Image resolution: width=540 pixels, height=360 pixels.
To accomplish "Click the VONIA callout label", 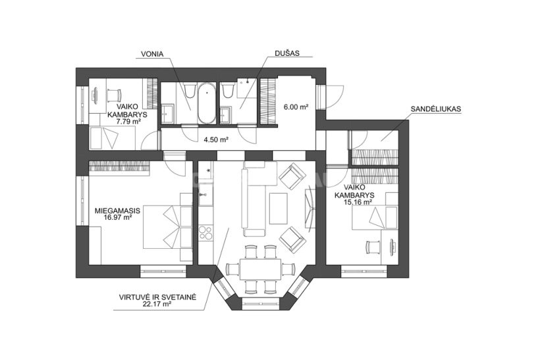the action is [152, 55].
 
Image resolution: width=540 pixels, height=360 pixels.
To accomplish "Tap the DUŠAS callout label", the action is [287, 53].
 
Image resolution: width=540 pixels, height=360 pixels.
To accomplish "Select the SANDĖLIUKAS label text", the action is [436, 109].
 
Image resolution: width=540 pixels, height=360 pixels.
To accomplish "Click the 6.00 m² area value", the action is [296, 107].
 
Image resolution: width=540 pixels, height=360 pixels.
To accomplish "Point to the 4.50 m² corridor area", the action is [217, 140].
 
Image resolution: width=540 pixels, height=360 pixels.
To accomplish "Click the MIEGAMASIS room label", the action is [117, 211].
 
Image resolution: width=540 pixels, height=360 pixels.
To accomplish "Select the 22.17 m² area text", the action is [157, 304].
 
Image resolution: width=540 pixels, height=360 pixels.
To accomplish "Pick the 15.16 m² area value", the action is [358, 202].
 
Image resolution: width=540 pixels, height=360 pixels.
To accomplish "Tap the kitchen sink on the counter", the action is [205, 199].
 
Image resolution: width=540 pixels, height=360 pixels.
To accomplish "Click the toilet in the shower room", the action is [227, 90].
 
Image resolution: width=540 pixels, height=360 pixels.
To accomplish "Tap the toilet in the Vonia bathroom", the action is [190, 90].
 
